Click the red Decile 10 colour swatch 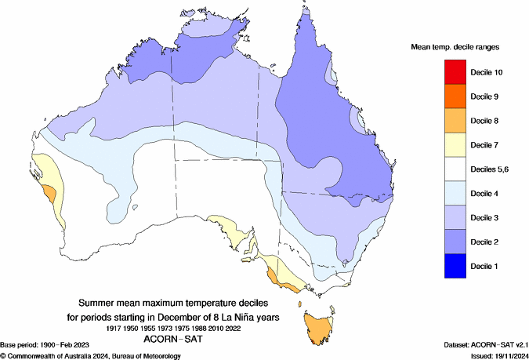pos(455,72)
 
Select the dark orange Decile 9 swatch pos(455,96)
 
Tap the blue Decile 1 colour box pos(455,266)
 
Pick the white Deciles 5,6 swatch pos(455,169)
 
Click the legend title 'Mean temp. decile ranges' pos(455,48)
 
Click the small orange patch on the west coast pos(49,193)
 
